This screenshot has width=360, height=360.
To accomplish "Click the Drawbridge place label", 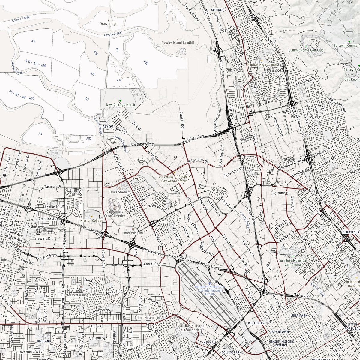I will pos(109,24).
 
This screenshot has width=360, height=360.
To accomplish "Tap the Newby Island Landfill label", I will pos(178,43).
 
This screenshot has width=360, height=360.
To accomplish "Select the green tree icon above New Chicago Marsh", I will pos(120,100).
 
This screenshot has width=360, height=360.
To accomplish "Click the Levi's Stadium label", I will pos(120,192).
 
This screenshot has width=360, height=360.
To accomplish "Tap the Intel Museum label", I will pos(133,233).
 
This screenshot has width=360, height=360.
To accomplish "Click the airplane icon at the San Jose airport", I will pos(209,283).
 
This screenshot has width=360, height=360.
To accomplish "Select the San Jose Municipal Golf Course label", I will pos(293,263).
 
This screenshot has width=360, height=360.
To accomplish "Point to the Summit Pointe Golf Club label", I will pos(306,50).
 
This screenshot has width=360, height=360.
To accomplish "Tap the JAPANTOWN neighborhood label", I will pos(279,332).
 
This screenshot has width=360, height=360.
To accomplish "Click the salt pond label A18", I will pos(146,63).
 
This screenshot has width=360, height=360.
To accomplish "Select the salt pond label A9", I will pos(33,41).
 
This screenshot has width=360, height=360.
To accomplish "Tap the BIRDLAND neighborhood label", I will pos(42,341).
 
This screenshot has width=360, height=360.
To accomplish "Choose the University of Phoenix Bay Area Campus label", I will pos(173,179).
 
